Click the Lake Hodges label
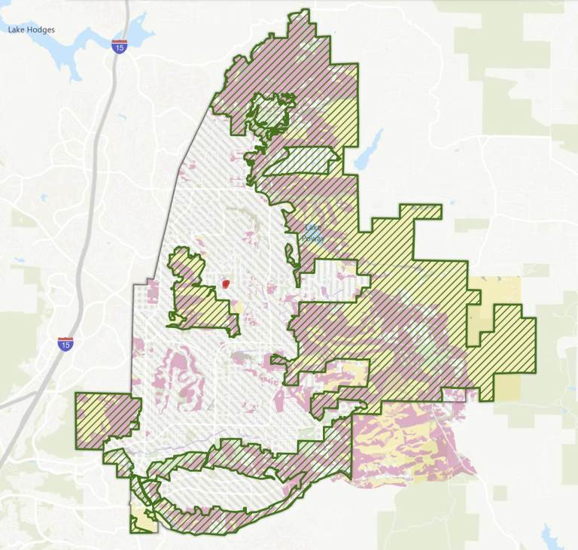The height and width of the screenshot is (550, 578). click(31, 30)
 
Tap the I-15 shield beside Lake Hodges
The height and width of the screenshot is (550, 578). click(118, 47)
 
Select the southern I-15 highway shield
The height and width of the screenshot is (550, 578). click(66, 344)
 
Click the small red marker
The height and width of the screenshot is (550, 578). click(225, 284)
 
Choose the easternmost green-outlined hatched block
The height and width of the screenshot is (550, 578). click(512, 346)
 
